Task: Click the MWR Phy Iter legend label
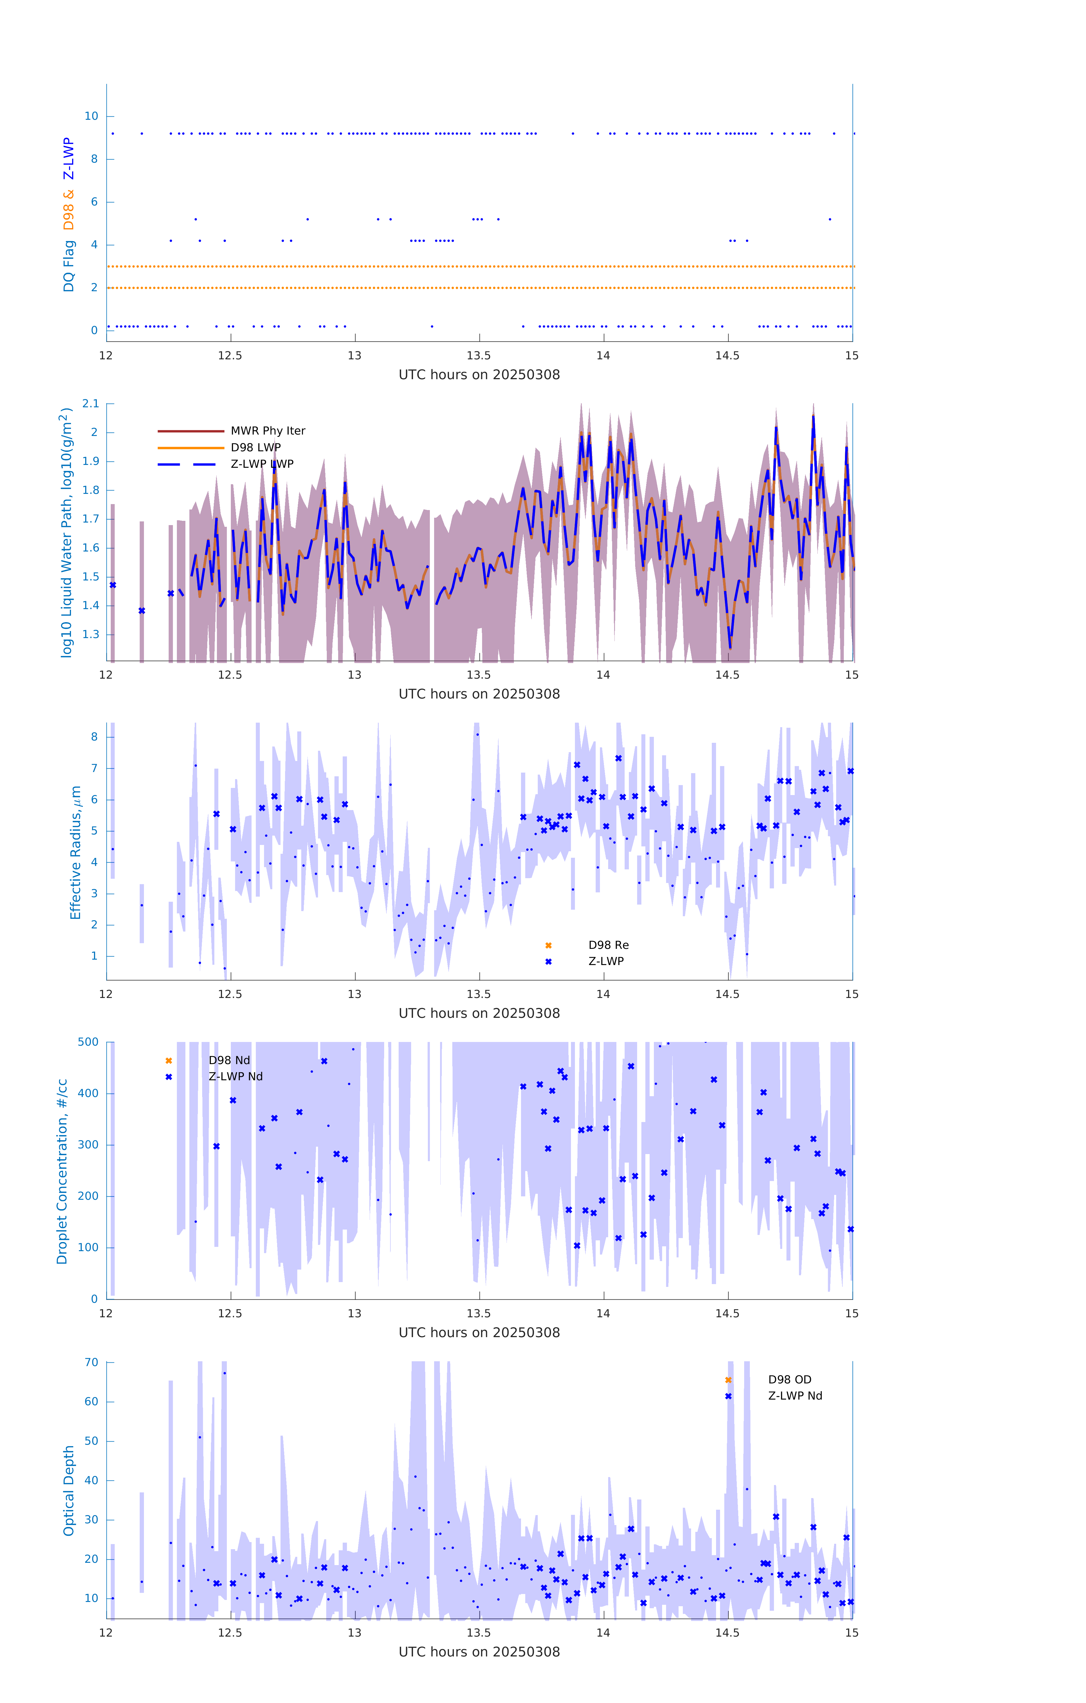tap(267, 431)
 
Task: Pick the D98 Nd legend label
tap(229, 1060)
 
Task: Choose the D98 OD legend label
tap(790, 1380)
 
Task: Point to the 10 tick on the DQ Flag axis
tap(91, 116)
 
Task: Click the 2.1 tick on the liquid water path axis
tap(91, 404)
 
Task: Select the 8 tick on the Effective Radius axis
tap(94, 737)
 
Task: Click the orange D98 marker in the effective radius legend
tap(548, 945)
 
